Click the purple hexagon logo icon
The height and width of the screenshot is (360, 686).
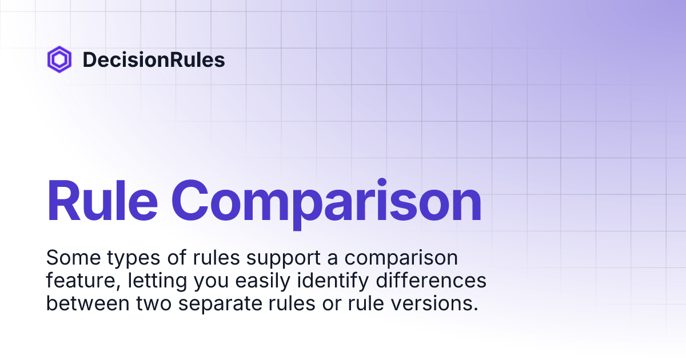(x=59, y=60)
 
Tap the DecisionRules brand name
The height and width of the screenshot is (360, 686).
(x=154, y=60)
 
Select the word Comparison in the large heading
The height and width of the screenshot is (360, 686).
(x=326, y=201)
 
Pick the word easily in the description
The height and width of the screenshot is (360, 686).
(x=262, y=281)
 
